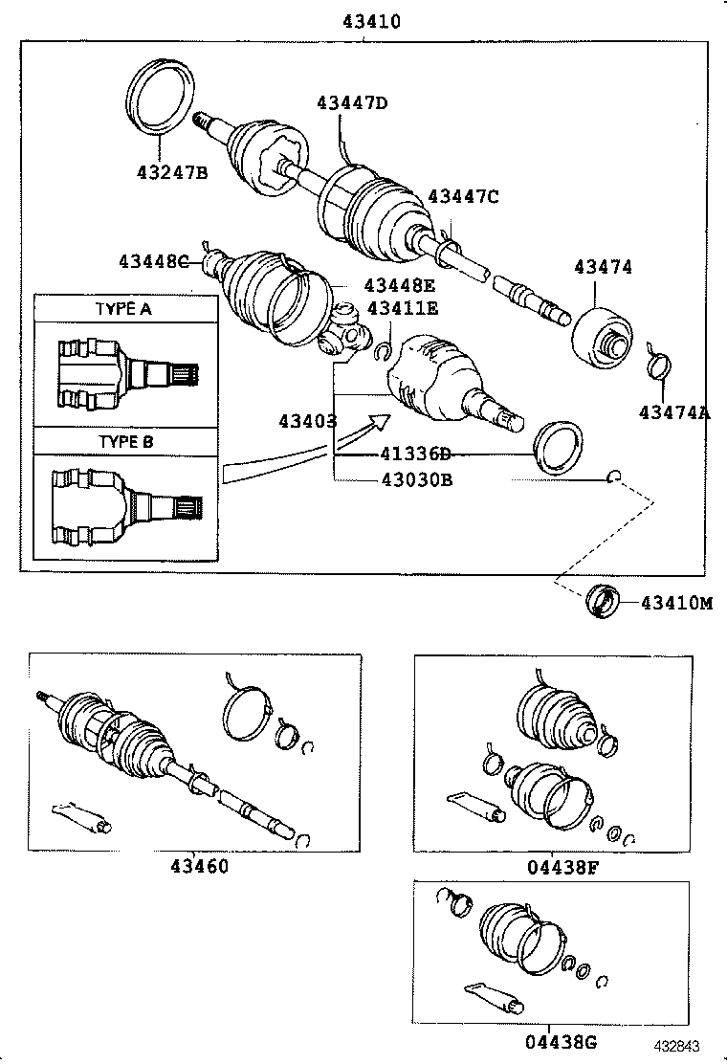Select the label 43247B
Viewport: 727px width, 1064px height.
point(171,173)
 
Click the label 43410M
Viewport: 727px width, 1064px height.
point(676,603)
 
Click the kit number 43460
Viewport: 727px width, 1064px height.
point(199,867)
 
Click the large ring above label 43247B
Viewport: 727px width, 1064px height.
point(161,97)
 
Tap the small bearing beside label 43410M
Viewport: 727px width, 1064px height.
point(603,601)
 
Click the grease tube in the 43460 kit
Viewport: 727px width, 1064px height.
point(83,814)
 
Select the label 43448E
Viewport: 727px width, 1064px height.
point(399,285)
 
